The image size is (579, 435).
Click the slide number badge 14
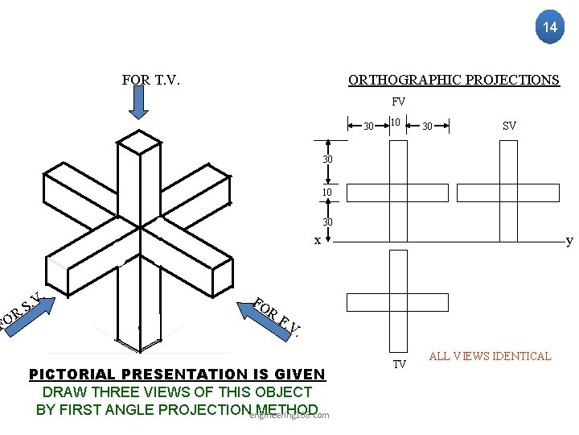(550, 27)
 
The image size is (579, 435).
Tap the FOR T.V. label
(150, 80)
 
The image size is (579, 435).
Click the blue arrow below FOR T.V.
(139, 102)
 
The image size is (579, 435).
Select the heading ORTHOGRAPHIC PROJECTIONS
(454, 80)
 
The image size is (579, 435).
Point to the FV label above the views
(398, 102)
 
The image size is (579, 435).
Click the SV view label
(509, 126)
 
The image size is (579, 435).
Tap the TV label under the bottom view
(399, 365)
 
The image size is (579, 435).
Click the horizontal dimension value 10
(395, 122)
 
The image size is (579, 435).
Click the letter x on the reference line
(317, 240)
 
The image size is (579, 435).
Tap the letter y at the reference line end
(569, 240)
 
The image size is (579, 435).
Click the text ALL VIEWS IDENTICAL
(490, 356)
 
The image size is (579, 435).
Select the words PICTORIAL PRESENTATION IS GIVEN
(177, 375)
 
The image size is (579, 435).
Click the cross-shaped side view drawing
(507, 192)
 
